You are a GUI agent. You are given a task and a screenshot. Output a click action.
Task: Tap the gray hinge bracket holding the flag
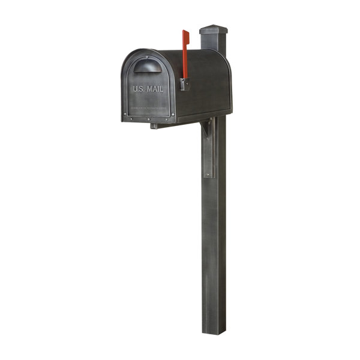click(184, 84)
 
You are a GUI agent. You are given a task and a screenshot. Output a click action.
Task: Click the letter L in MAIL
click(161, 89)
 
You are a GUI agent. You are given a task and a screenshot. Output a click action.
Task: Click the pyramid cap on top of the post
click(214, 29)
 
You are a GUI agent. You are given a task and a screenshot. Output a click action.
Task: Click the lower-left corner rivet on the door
click(125, 118)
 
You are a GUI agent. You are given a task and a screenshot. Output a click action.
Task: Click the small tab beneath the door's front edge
click(154, 126)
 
